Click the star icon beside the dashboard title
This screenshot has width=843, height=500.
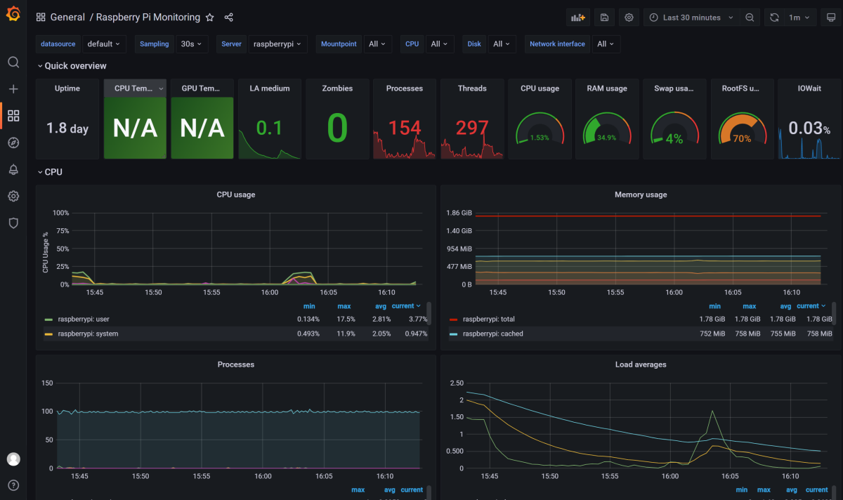pyautogui.click(x=209, y=18)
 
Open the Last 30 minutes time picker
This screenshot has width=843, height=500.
pyautogui.click(x=691, y=18)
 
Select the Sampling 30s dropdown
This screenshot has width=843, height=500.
pyautogui.click(x=191, y=44)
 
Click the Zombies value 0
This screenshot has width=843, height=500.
pyautogui.click(x=337, y=129)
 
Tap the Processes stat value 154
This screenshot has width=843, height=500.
pyautogui.click(x=405, y=128)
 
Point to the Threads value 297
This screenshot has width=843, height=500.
pyautogui.click(x=472, y=128)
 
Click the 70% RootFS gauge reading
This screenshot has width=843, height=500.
pyautogui.click(x=742, y=138)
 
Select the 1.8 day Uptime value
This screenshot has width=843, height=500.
pyautogui.click(x=67, y=129)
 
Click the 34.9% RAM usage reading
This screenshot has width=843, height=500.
pyautogui.click(x=606, y=138)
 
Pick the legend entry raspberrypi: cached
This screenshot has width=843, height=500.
pyautogui.click(x=492, y=334)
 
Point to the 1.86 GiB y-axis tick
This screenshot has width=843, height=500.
pyautogui.click(x=459, y=212)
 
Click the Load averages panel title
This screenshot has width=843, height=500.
pyautogui.click(x=640, y=364)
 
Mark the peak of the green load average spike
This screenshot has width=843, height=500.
pyautogui.click(x=712, y=411)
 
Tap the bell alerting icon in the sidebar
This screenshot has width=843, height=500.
pyautogui.click(x=13, y=169)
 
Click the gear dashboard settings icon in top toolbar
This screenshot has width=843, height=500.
pyautogui.click(x=629, y=18)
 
